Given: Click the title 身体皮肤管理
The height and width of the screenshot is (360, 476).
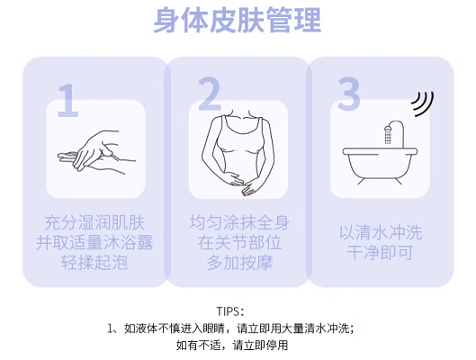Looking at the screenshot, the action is click(238, 20).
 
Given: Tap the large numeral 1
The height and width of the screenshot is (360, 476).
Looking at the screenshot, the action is click(68, 101).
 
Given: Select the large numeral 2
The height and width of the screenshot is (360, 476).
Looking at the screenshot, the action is click(210, 94).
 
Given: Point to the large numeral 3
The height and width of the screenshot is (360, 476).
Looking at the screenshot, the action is click(348, 94).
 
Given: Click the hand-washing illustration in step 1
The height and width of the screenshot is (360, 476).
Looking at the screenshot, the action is click(96, 152).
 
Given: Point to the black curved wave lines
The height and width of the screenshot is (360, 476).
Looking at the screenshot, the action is click(423, 103).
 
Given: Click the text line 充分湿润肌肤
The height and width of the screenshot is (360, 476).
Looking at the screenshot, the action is click(94, 223).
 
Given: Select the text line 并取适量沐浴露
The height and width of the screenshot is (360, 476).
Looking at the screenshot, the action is click(94, 242).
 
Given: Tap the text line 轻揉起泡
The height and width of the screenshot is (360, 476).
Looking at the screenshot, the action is click(94, 263).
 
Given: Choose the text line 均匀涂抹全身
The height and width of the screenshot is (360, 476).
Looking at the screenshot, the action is click(239, 222).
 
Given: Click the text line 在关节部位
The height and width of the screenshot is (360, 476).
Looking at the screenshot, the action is click(239, 242).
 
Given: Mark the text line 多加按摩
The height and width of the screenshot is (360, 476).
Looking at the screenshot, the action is click(239, 263).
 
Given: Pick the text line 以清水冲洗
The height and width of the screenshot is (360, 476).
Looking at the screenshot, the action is click(381, 233).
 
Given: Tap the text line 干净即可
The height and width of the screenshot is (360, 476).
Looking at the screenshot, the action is click(380, 253).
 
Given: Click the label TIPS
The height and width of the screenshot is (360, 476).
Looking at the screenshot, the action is click(229, 311).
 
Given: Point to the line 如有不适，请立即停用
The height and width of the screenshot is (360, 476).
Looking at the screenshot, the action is click(232, 346).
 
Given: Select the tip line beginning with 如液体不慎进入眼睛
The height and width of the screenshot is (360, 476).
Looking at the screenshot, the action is click(230, 328).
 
